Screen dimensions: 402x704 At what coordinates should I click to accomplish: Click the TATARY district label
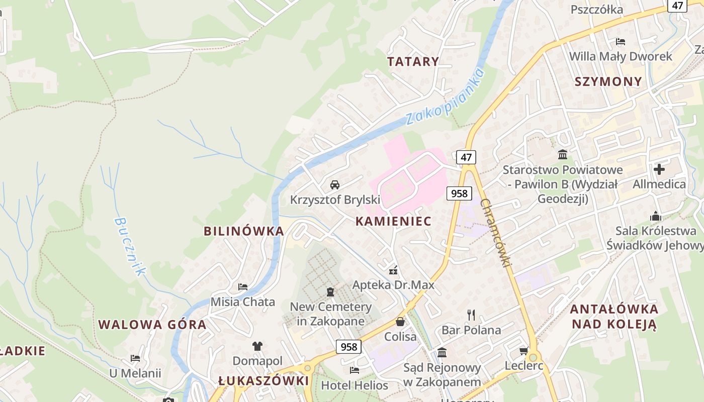pos(413,61)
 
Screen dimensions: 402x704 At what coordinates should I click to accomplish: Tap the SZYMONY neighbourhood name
pos(608,81)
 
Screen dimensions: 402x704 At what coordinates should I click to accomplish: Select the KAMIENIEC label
pos(393,221)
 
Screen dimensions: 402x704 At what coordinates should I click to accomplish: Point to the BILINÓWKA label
pos(244,231)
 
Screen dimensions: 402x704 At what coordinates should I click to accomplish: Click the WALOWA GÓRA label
pos(152,324)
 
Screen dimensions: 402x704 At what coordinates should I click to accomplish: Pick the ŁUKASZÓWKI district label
pos(264,381)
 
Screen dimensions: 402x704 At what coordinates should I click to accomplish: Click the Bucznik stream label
pos(129,246)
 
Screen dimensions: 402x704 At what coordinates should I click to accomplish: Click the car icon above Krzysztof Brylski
pos(335,185)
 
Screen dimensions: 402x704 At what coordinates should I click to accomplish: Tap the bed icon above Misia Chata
pos(243,287)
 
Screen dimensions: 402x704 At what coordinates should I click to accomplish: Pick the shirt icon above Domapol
pos(257,346)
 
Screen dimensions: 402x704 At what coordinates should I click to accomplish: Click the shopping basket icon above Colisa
pos(400,322)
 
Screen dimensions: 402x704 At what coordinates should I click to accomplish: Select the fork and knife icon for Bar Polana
pos(471,315)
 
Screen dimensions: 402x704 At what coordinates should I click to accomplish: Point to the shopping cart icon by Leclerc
pos(524,351)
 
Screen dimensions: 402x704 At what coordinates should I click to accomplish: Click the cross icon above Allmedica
pos(659,169)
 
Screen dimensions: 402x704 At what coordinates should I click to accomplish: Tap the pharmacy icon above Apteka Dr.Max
pos(393,270)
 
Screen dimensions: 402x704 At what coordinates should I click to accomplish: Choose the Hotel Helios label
pos(355,385)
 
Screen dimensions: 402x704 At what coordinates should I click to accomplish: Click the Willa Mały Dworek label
pos(621,56)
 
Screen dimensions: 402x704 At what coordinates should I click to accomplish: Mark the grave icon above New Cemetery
pos(330,291)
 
